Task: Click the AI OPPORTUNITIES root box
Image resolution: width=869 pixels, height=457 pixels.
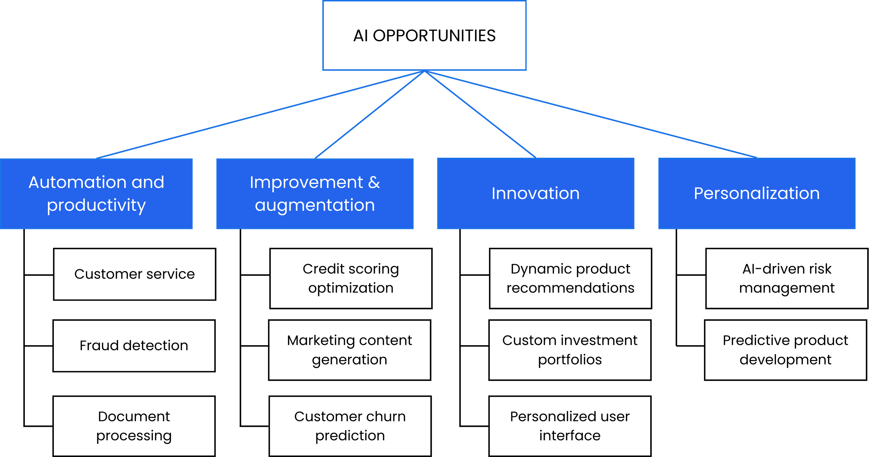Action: (x=424, y=35)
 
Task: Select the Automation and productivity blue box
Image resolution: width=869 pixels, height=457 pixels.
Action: (x=97, y=193)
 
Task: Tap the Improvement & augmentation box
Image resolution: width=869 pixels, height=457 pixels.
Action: (x=315, y=193)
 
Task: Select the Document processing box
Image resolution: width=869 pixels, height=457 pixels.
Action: (x=134, y=426)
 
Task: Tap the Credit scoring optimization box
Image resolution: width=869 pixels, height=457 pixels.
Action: (x=351, y=278)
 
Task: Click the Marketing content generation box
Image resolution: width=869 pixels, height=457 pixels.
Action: (x=349, y=350)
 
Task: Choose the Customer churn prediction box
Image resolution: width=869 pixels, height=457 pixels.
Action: (x=350, y=426)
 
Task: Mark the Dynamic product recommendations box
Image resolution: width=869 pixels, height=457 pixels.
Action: (x=570, y=278)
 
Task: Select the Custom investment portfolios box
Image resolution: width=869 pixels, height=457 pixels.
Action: (x=570, y=350)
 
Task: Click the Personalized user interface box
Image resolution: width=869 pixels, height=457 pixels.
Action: (x=570, y=426)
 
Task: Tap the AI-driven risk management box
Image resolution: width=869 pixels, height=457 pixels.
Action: (x=787, y=278)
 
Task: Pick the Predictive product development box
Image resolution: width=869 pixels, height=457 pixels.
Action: (x=785, y=350)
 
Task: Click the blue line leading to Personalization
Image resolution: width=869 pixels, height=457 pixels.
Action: (x=590, y=114)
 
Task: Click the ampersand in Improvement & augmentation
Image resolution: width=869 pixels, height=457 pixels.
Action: (x=374, y=183)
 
